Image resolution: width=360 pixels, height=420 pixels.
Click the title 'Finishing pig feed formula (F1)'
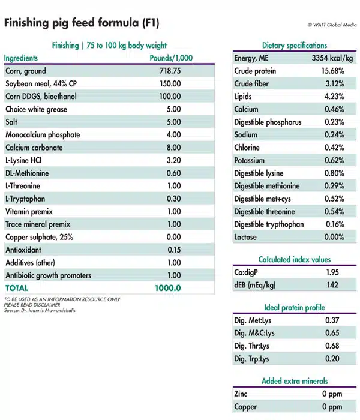click(x=82, y=23)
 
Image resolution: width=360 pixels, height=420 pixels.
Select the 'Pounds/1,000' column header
click(x=170, y=58)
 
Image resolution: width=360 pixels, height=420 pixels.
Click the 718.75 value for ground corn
click(x=169, y=71)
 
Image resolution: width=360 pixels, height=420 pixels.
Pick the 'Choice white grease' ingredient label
click(x=36, y=109)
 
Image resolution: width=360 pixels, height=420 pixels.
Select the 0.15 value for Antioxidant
click(x=172, y=250)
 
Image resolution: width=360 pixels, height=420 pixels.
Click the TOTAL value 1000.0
click(x=169, y=288)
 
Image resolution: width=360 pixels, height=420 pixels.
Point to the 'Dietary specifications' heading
click(x=295, y=46)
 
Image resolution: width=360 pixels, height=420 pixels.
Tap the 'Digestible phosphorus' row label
click(x=268, y=122)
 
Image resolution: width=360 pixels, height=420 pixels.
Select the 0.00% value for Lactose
click(x=332, y=237)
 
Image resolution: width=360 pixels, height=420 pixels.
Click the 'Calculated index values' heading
click(x=295, y=260)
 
